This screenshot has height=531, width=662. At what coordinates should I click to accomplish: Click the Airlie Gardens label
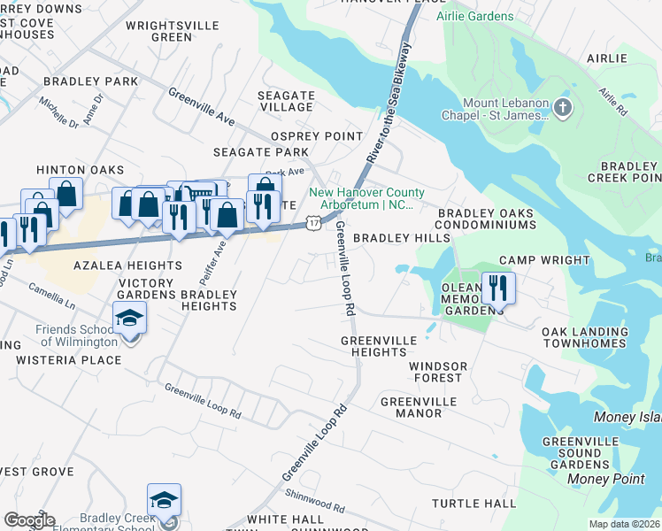(474, 16)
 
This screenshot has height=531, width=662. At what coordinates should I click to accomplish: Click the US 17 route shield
(314, 223)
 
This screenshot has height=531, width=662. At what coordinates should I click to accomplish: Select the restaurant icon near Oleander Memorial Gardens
(496, 288)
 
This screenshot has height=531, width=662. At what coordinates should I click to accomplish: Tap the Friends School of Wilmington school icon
(129, 318)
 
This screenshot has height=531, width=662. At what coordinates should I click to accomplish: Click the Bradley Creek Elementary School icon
(164, 502)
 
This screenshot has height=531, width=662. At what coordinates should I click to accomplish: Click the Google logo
(29, 520)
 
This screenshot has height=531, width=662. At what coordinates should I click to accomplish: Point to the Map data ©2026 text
(624, 524)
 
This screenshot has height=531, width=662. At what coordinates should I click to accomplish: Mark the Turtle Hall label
(473, 504)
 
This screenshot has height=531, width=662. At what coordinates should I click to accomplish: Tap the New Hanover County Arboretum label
(366, 198)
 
